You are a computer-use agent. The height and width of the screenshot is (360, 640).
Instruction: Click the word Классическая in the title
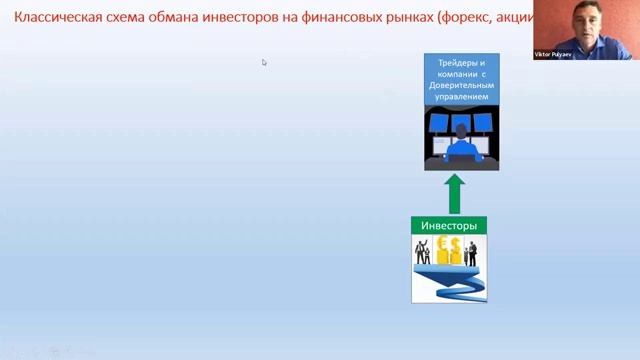pos(56,17)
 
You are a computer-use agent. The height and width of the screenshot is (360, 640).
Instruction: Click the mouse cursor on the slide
pos(264,62)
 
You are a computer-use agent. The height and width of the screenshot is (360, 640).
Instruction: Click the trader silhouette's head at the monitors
pos(461,130)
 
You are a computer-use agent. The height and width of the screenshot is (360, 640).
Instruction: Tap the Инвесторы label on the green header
pos(449,226)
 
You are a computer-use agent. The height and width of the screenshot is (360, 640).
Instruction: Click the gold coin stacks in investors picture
pos(448,252)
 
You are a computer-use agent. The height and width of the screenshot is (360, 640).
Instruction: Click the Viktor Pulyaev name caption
pos(552,55)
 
